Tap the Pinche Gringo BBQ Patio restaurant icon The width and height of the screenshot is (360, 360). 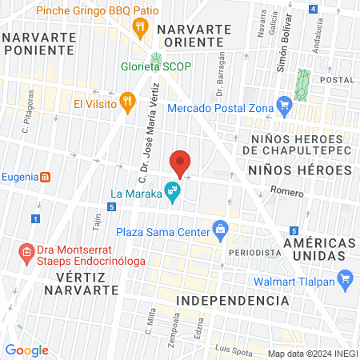point(142,27)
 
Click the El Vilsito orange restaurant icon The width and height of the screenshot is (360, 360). point(126,101)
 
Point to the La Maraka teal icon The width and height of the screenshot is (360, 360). point(170,191)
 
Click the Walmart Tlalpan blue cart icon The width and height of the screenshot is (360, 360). point(346,279)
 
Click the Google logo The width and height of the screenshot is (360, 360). point(27,350)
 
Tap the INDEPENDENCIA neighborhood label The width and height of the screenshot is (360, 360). point(231,300)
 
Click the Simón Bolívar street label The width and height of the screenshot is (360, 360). point(282,55)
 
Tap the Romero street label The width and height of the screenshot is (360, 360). point(286,192)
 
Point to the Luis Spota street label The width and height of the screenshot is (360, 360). point(234,347)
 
